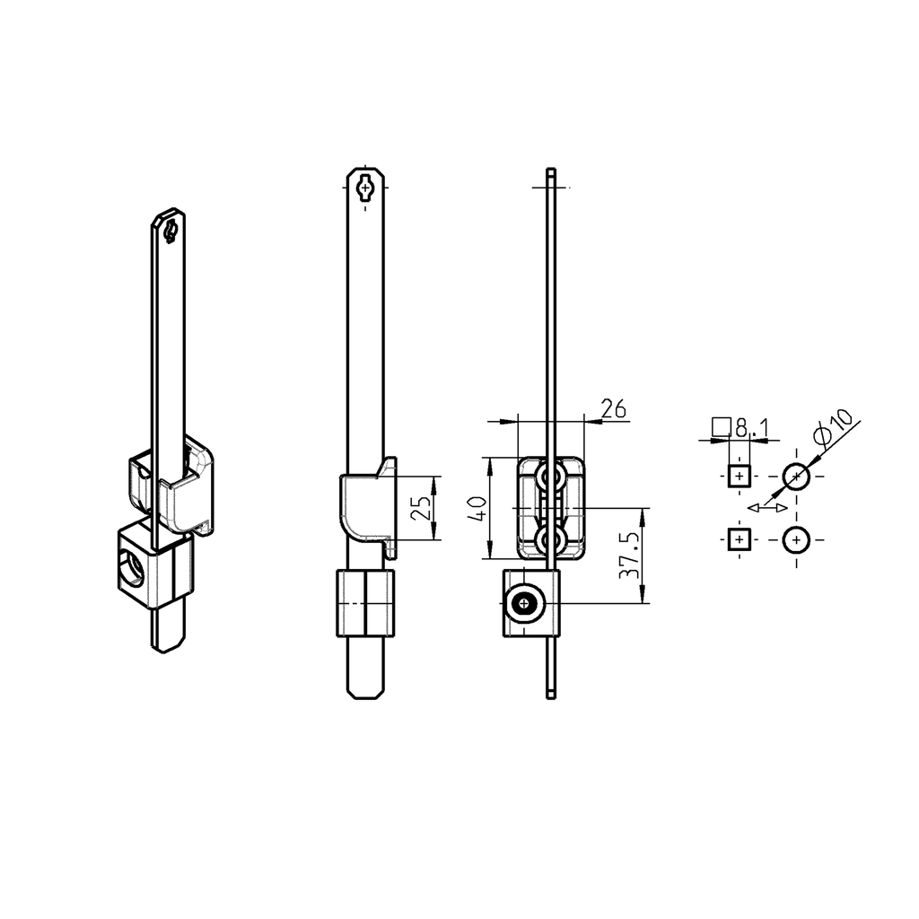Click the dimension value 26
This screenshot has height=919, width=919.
point(613,409)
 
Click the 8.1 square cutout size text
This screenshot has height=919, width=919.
point(752,428)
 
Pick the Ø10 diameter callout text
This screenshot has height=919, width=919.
point(833,428)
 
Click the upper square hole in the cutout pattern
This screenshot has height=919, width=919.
point(738,476)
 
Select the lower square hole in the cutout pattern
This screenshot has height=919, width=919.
point(738,539)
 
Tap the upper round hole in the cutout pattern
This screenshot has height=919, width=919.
point(796,476)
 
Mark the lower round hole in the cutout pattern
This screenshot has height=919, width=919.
point(796,539)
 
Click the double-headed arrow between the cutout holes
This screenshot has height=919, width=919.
point(767,508)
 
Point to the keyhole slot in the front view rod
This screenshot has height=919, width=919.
point(366,188)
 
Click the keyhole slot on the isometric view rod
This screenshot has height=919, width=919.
point(169,230)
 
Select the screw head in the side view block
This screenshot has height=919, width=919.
point(523,606)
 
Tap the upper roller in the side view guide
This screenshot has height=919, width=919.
point(550,478)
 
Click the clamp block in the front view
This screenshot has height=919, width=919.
point(366,603)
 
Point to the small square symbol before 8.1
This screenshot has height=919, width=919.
point(719,426)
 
